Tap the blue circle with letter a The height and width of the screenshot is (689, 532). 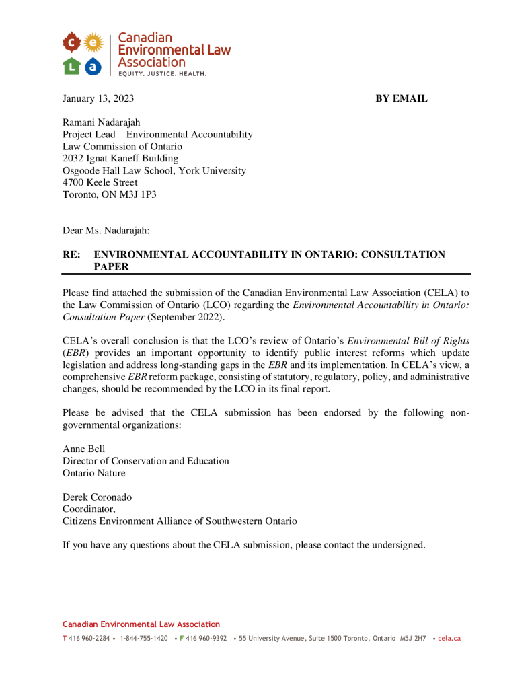click(x=93, y=66)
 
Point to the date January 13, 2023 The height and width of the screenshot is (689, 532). click(x=98, y=99)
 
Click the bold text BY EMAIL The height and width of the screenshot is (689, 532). click(x=401, y=99)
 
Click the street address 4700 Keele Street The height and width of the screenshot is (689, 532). click(x=100, y=182)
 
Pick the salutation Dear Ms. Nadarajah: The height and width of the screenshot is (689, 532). click(x=106, y=231)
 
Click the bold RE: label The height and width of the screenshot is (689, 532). click(x=71, y=254)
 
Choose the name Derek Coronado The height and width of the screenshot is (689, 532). click(x=98, y=497)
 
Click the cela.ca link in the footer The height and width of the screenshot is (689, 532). click(x=449, y=639)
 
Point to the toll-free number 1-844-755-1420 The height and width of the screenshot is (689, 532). click(x=144, y=639)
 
